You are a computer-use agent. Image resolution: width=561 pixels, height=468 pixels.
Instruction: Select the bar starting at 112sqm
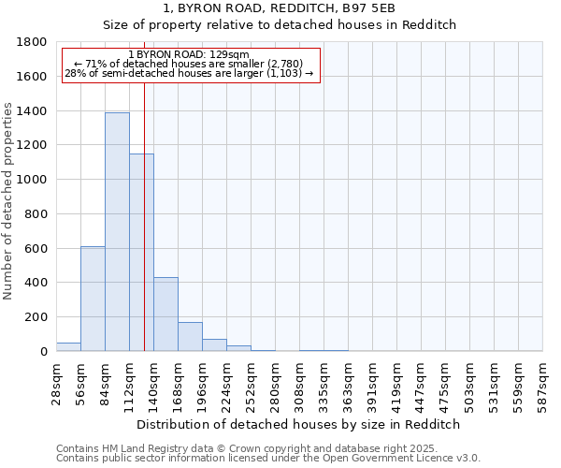[x=141, y=252]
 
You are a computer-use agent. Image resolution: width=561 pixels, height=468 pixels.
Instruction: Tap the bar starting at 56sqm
[x=93, y=299]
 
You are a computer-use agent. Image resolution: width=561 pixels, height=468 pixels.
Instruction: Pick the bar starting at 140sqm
[x=165, y=314]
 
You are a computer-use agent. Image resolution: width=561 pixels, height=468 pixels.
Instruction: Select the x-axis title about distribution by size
[x=299, y=424]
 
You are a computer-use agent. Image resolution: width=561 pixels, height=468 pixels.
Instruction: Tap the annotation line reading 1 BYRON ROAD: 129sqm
[x=189, y=55]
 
